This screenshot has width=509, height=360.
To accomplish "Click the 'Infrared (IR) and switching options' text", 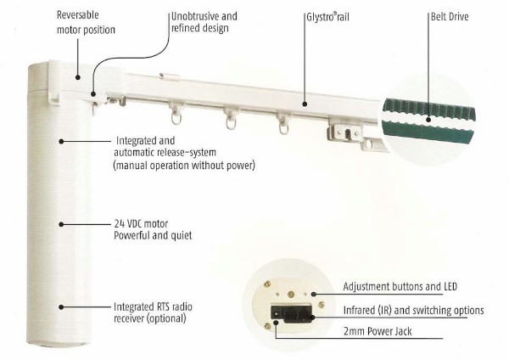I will pyautogui.click(x=413, y=310).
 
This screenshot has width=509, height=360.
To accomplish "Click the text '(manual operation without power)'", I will pyautogui.click(x=183, y=166).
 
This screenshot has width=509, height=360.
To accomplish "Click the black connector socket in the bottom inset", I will pyautogui.click(x=288, y=313).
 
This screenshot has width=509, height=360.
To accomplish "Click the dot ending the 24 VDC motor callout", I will pyautogui.click(x=61, y=223).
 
